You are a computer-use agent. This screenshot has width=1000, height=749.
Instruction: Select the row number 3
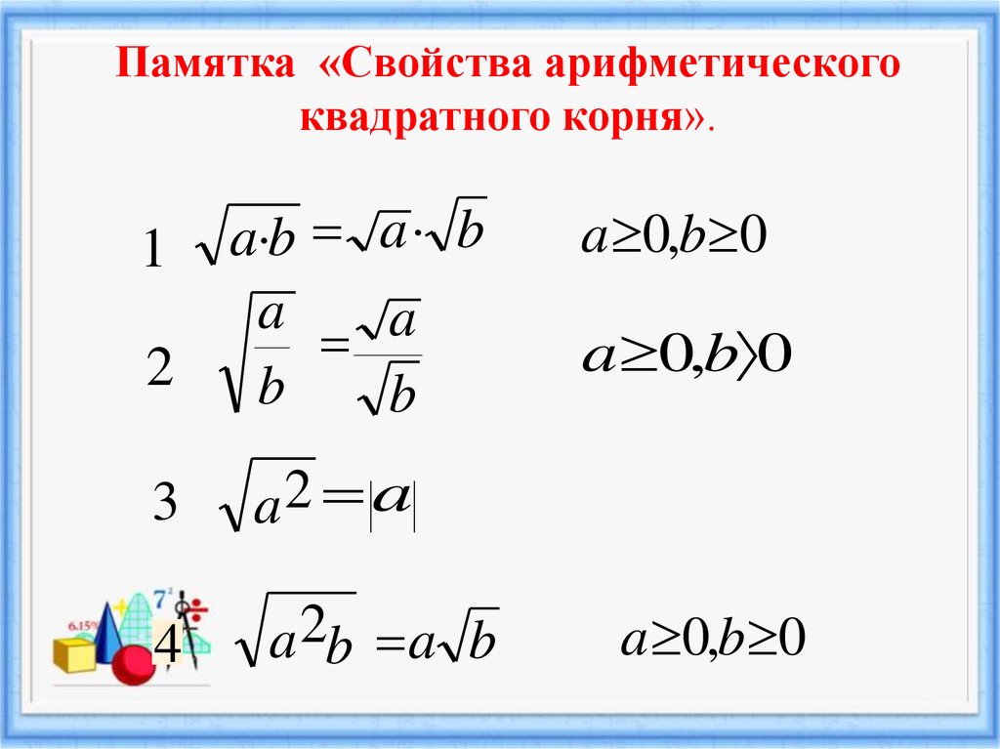pos(164,505)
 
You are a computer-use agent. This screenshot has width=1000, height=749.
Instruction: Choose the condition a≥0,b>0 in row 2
pos(687,356)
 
